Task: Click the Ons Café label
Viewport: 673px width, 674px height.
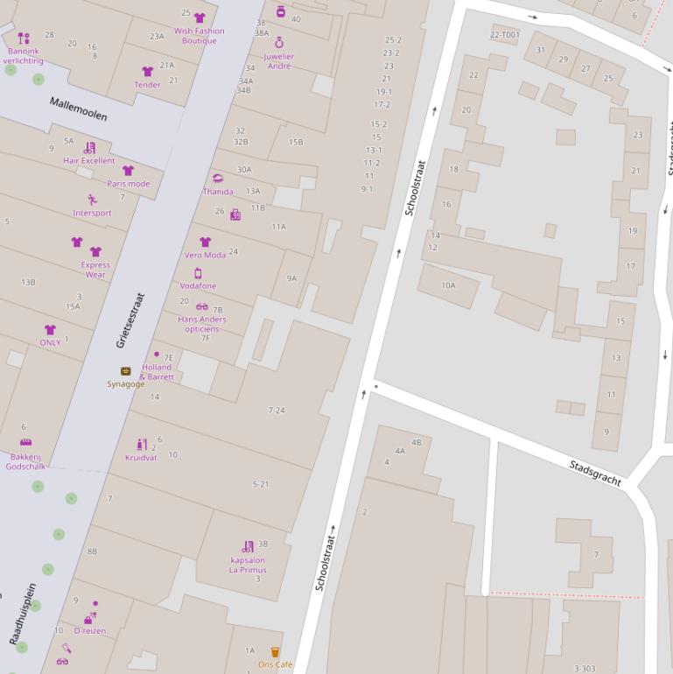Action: click(275, 664)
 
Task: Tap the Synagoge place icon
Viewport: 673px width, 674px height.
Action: click(126, 372)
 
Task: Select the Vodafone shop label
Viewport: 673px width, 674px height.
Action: click(198, 286)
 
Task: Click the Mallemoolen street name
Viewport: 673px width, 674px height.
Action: click(78, 109)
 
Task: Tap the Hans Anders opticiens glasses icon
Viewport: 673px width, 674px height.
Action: click(202, 307)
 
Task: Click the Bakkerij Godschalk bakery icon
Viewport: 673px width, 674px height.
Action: click(26, 443)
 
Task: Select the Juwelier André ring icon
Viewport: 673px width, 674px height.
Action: click(279, 42)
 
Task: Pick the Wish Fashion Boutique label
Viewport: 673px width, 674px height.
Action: click(199, 36)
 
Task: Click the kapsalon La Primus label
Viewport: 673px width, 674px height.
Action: click(248, 565)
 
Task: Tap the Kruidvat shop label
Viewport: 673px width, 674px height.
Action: click(140, 458)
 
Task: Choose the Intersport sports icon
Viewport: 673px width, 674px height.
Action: click(92, 200)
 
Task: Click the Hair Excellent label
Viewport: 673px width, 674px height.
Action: click(88, 161)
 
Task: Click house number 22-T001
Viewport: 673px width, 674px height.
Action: click(504, 35)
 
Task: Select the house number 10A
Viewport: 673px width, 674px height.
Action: click(448, 285)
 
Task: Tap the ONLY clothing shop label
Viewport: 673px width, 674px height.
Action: click(50, 342)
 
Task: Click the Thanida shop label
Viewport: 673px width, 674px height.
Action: click(218, 192)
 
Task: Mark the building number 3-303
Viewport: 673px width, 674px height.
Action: click(584, 669)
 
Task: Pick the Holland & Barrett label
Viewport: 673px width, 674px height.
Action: click(157, 372)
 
